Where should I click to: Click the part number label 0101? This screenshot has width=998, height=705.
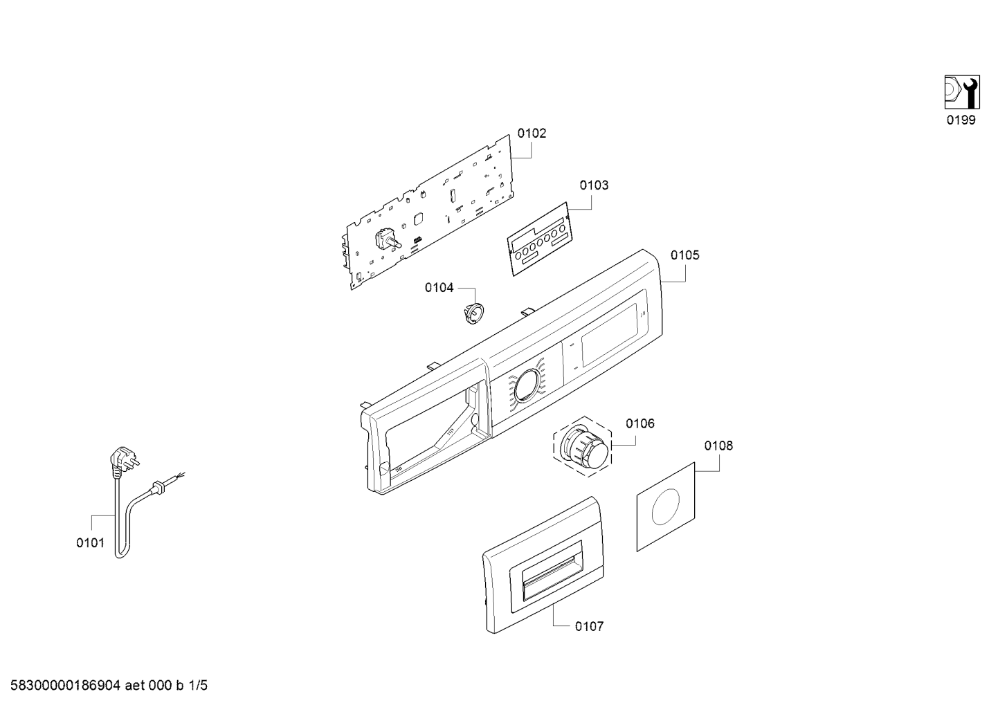tap(90, 543)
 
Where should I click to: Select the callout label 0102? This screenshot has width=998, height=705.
tap(532, 133)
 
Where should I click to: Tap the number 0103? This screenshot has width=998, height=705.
tap(594, 185)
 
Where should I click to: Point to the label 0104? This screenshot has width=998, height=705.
tap(439, 288)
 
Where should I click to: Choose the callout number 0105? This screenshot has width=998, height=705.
tap(684, 255)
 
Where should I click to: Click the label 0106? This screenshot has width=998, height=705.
tap(640, 423)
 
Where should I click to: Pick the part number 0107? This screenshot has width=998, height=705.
tap(589, 627)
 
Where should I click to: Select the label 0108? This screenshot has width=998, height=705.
tap(718, 446)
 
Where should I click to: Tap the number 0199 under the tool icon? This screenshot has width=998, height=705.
tap(961, 120)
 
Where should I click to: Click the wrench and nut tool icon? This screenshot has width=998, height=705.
tap(962, 92)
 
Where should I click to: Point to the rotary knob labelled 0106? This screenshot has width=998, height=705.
tap(583, 447)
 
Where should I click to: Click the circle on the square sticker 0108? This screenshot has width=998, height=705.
tap(666, 506)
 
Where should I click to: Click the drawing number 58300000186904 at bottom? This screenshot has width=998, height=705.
tap(65, 686)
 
